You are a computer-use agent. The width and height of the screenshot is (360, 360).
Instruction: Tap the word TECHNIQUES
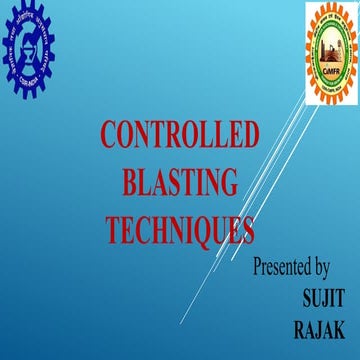(x=180, y=231)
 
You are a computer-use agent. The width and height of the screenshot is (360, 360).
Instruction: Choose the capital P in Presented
(x=258, y=268)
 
